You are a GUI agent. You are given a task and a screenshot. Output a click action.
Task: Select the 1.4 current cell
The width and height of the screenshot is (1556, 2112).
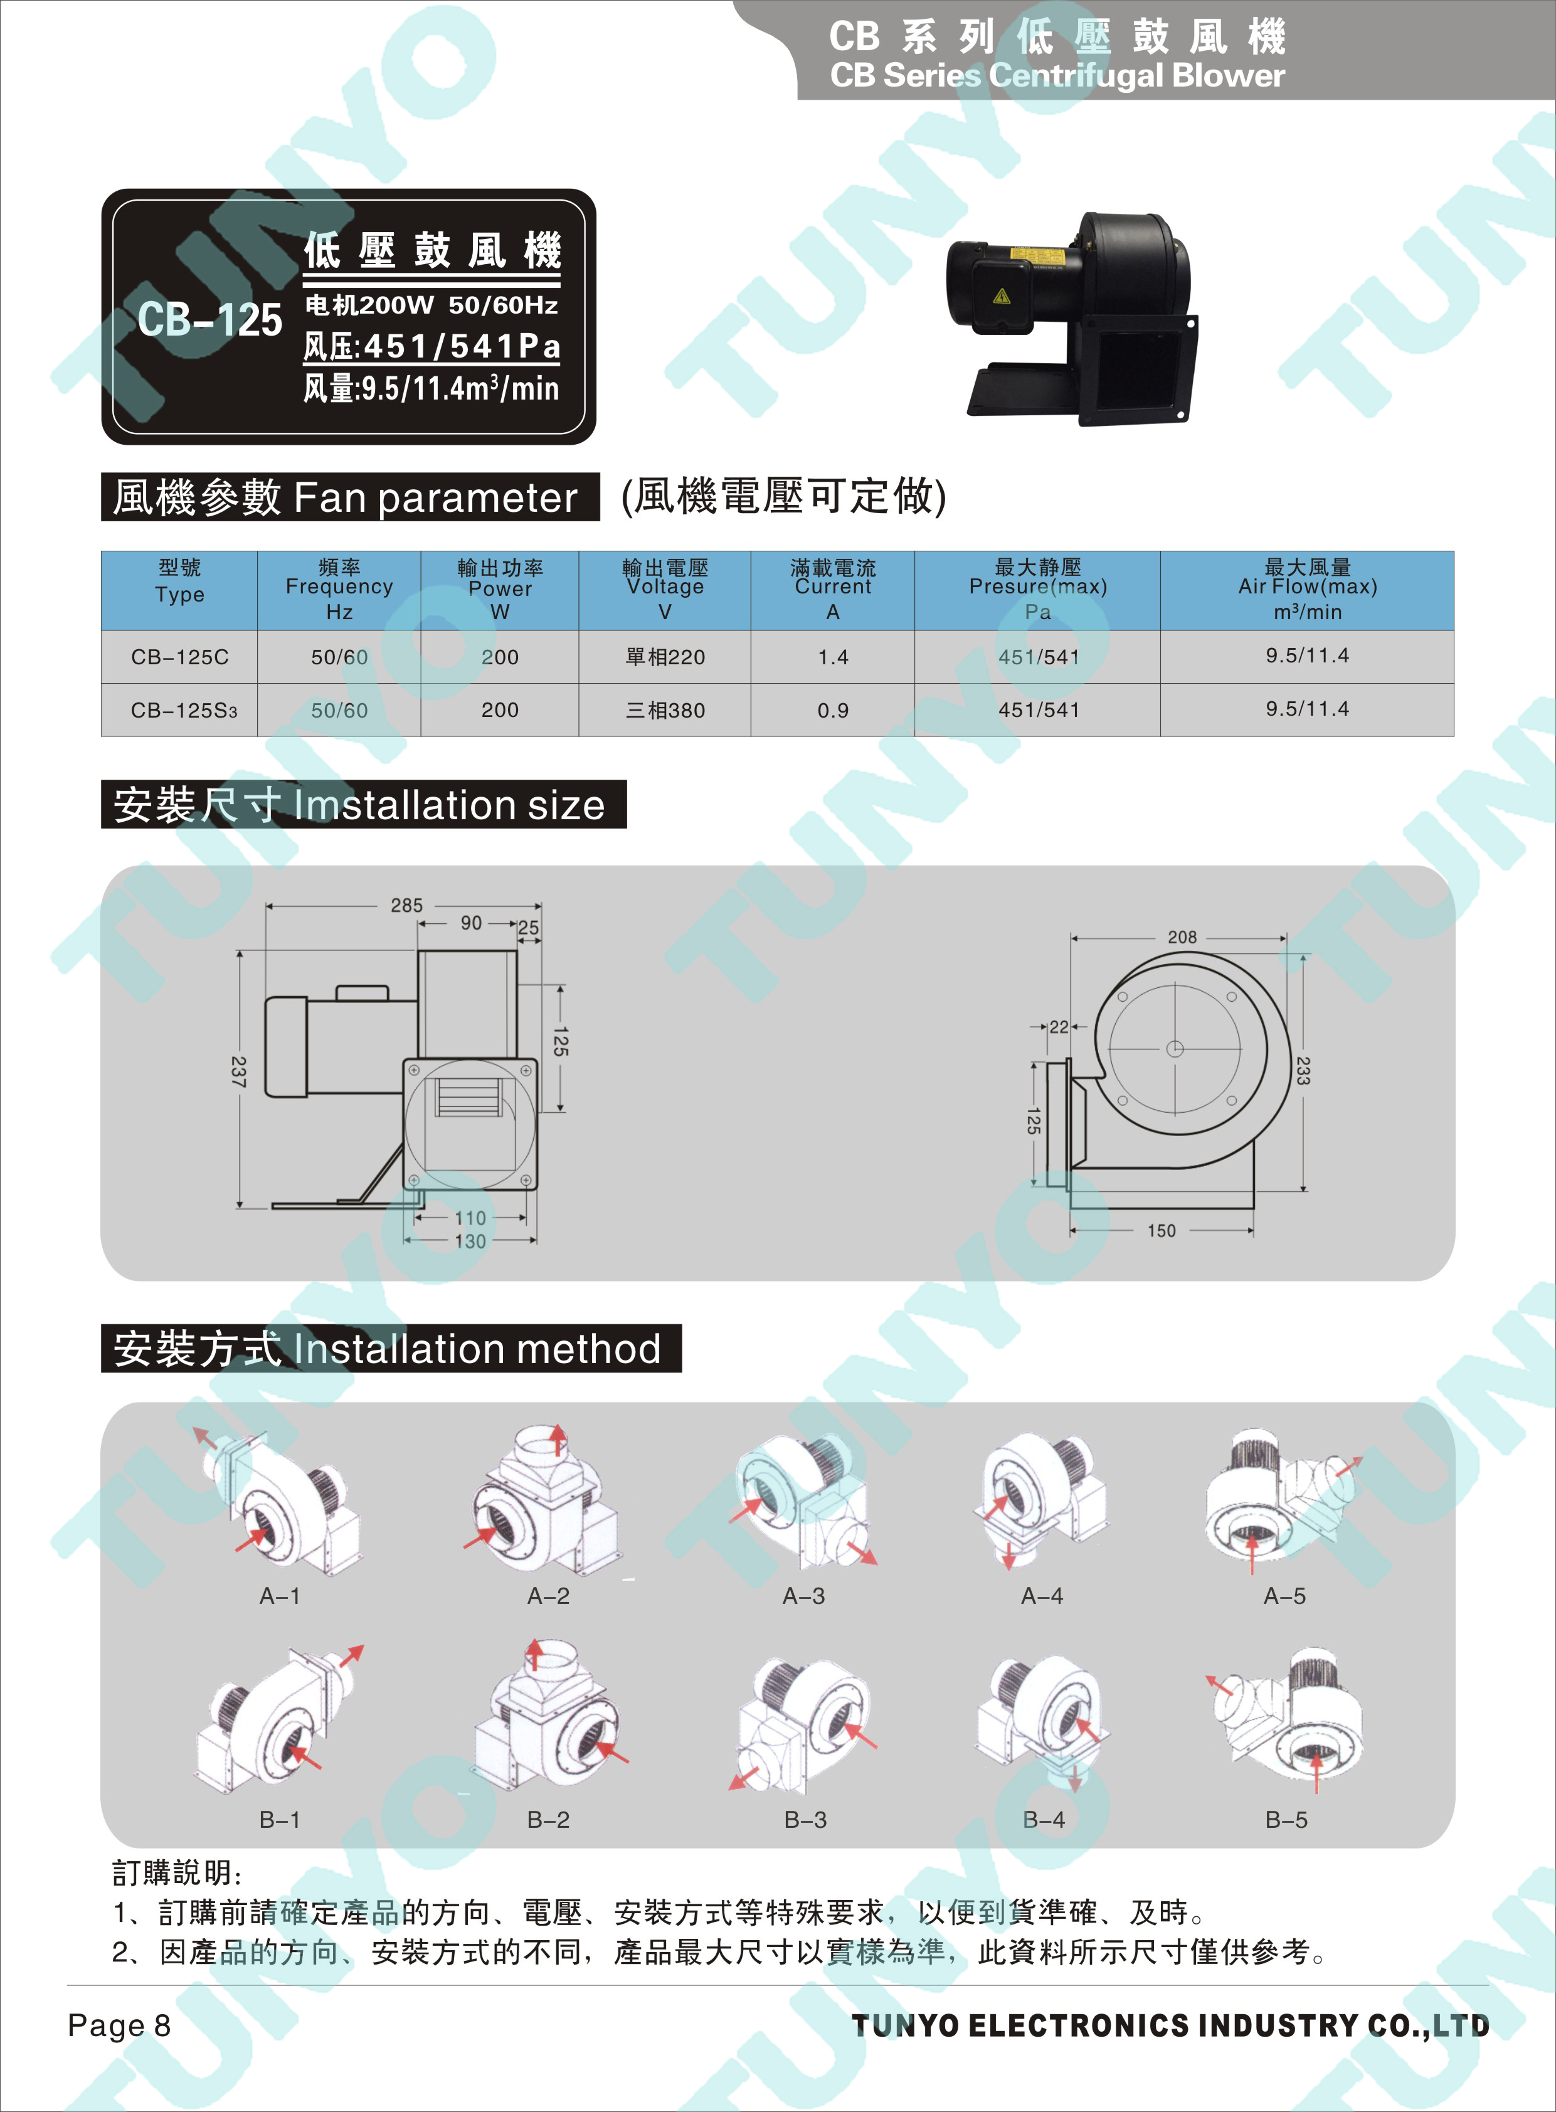833,657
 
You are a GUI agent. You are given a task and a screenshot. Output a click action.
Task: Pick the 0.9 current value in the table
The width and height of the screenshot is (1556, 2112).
833,710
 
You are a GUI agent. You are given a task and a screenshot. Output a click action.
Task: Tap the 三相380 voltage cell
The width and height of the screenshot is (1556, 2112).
665,710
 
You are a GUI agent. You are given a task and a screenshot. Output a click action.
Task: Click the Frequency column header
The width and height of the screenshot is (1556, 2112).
339,589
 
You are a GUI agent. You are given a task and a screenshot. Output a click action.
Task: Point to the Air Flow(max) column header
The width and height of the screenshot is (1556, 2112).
1308,589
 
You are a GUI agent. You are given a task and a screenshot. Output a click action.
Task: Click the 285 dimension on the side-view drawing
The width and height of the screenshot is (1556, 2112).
407,905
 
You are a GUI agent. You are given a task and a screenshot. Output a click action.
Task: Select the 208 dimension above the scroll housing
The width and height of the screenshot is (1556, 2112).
1182,937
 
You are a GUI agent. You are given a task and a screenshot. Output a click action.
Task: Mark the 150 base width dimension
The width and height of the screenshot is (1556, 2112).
1162,1230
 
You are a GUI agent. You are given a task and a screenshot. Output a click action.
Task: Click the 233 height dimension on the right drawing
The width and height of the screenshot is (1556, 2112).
1303,1071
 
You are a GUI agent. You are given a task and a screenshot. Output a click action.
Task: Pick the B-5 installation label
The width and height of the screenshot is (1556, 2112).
1286,1820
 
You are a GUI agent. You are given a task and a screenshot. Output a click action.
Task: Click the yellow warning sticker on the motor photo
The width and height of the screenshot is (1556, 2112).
1001,297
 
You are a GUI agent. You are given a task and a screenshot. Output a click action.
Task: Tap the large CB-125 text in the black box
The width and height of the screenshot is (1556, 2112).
209,319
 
